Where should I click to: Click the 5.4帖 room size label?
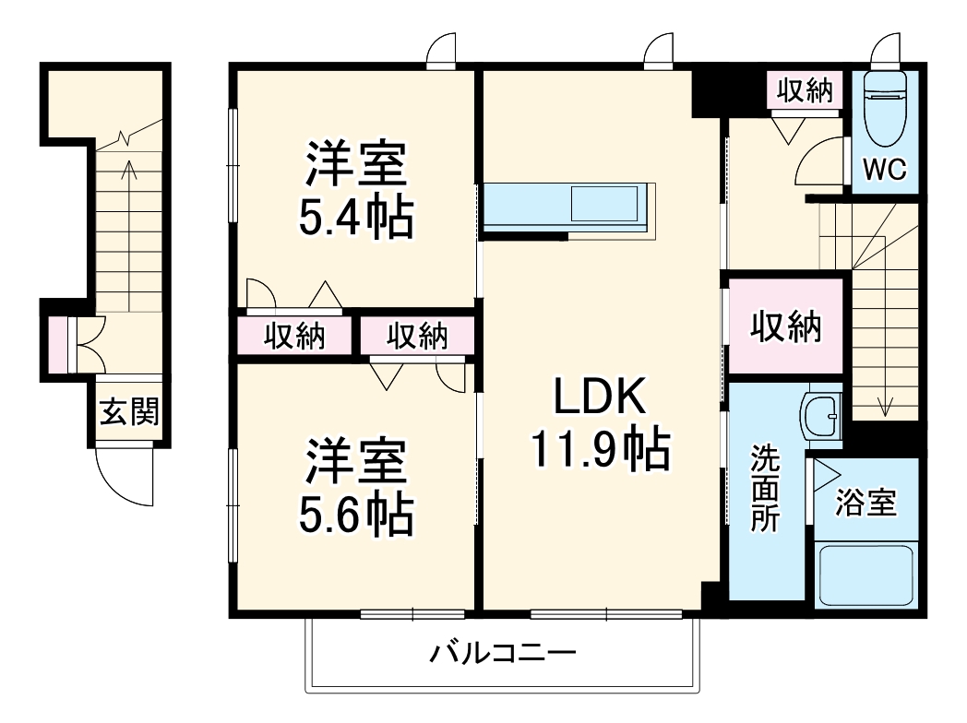[355, 219]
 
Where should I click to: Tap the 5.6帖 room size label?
[355, 516]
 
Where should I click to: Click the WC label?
[885, 169]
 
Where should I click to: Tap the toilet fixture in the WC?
[885, 109]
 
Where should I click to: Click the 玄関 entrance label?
[129, 412]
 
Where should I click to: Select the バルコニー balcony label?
[503, 656]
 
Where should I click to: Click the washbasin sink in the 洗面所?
[820, 417]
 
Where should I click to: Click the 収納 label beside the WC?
[805, 90]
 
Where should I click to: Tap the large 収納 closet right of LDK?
[785, 327]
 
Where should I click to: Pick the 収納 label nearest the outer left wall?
[295, 337]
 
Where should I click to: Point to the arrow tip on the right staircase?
[884, 410]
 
